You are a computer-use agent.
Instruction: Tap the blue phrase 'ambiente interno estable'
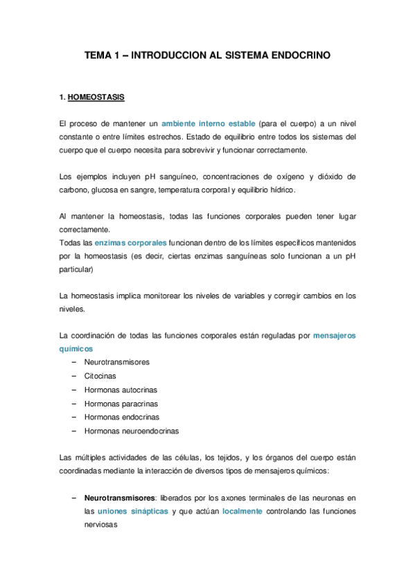[x=208, y=123]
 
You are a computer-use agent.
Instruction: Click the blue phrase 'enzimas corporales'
[x=131, y=243]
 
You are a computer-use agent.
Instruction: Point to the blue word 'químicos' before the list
[x=76, y=349]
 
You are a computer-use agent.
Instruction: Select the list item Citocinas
[x=100, y=375]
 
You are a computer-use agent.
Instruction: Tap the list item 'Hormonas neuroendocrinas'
[x=132, y=431]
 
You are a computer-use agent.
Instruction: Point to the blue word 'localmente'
[x=242, y=511]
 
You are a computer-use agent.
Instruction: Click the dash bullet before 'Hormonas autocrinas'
[x=73, y=389]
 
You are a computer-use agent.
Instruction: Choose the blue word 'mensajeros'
[x=335, y=336]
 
